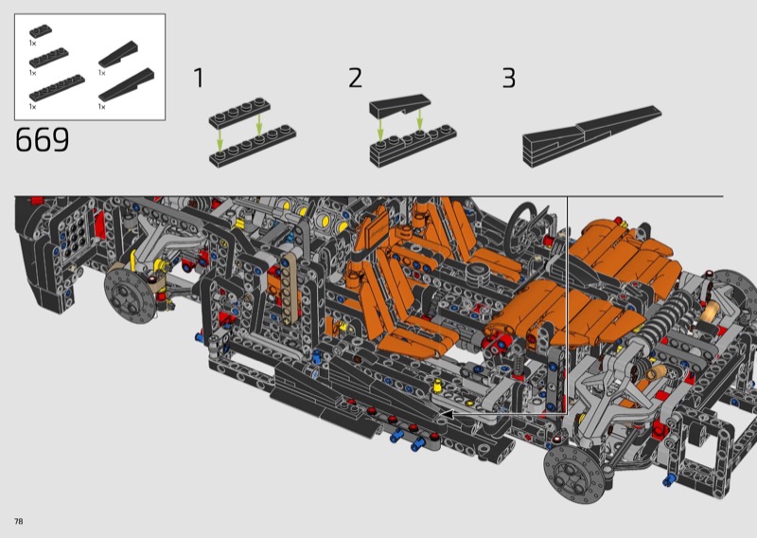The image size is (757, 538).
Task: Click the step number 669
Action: [42, 139]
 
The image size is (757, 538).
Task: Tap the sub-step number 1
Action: [199, 78]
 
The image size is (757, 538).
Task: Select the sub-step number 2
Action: [355, 78]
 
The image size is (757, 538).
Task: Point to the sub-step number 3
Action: [509, 78]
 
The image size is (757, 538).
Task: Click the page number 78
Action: [19, 521]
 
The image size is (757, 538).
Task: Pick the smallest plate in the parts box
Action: [41, 31]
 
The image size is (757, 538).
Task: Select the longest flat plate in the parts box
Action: [57, 87]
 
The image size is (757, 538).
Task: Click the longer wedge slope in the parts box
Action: [127, 84]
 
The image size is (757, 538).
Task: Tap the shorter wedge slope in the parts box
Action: [118, 54]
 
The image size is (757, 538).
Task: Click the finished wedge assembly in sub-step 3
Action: [591, 136]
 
